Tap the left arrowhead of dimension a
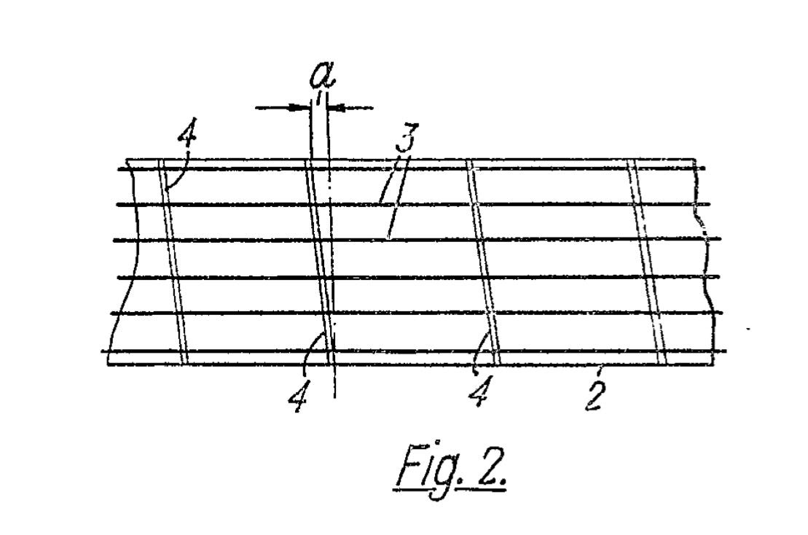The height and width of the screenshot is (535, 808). pos(299,108)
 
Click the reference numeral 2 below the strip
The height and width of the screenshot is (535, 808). pos(594,394)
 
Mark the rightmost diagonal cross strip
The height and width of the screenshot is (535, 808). pos(648,262)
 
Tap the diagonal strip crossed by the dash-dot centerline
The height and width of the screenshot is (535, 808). pos(320,262)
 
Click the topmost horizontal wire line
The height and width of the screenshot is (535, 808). pos(408,169)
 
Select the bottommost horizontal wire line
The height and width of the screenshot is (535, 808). pos(408,351)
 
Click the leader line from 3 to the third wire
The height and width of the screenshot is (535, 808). pos(394,222)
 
